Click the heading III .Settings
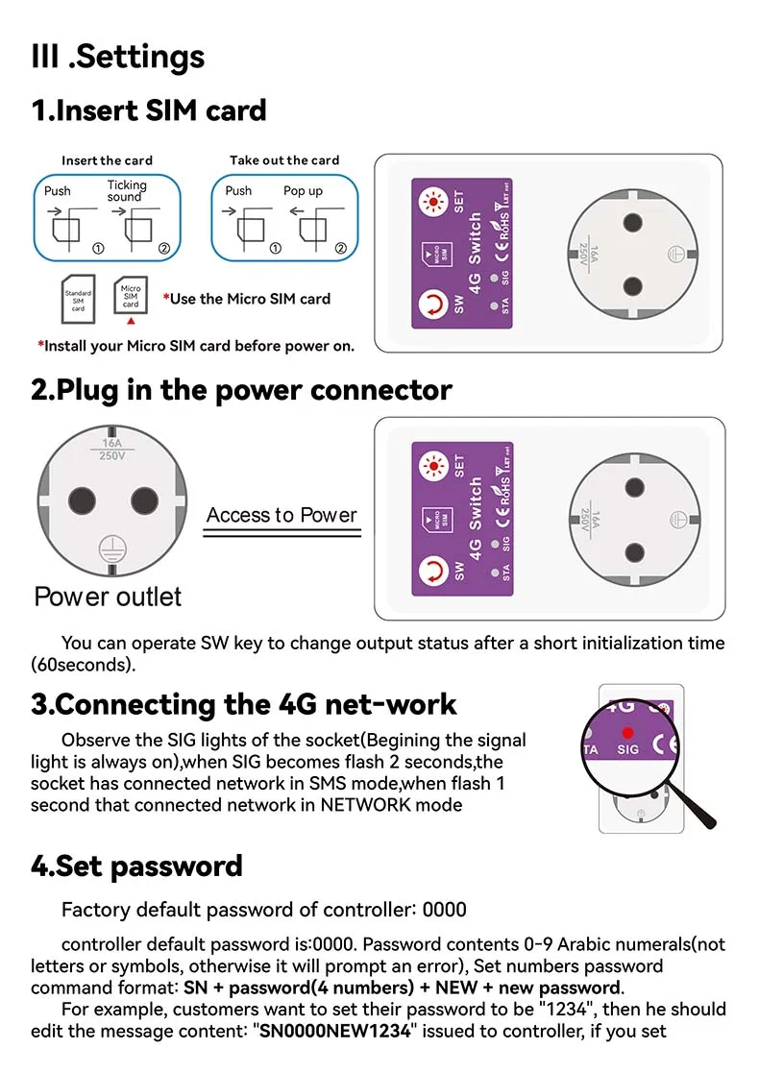click(x=118, y=57)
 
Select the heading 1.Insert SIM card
click(x=149, y=110)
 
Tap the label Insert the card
click(x=107, y=160)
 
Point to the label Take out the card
click(x=284, y=160)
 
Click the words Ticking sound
click(x=127, y=190)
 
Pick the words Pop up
click(x=303, y=191)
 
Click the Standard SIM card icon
click(x=78, y=301)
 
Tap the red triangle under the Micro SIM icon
click(x=131, y=322)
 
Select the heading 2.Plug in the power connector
click(x=241, y=390)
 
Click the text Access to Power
click(x=282, y=515)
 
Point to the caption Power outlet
click(x=108, y=597)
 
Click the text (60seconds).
click(x=84, y=664)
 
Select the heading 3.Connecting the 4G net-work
click(x=244, y=704)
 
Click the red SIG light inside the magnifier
click(x=627, y=732)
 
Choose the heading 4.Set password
click(x=136, y=866)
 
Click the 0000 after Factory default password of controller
click(x=445, y=910)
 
